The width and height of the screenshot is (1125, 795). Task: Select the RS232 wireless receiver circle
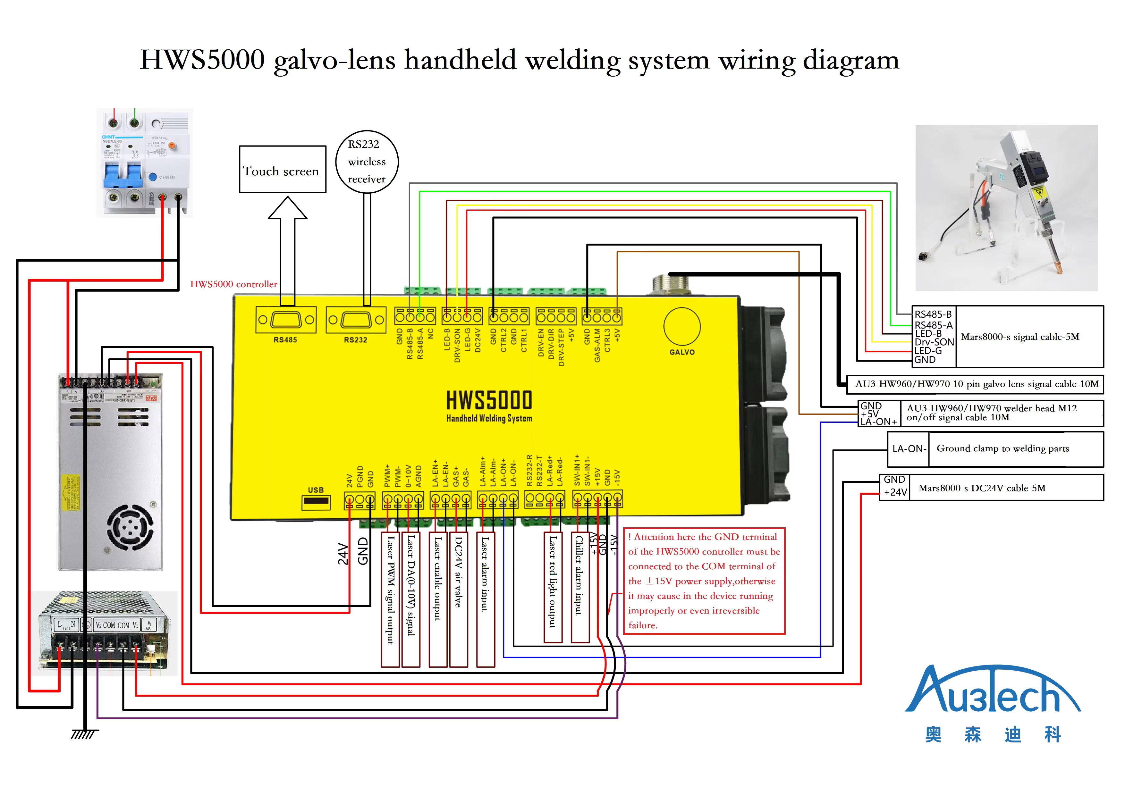pos(367,162)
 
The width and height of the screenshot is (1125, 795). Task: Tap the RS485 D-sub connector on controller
pos(286,320)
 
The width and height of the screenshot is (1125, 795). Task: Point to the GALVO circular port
pos(681,326)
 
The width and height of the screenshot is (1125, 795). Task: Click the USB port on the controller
pos(316,502)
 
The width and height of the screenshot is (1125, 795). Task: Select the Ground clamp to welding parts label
pos(1002,449)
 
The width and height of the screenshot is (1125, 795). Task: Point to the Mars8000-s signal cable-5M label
pos(1020,337)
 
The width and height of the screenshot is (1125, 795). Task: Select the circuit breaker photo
pos(145,163)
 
